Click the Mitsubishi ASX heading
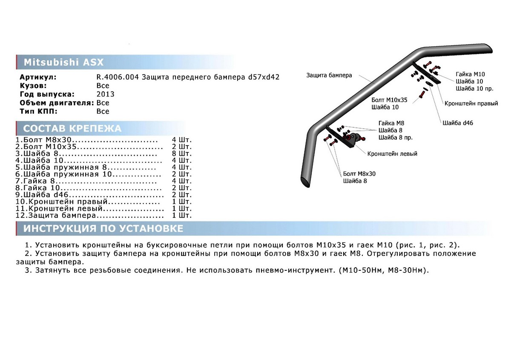pos(63,62)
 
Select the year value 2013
pos(105,94)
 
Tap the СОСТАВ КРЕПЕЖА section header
pos(72,129)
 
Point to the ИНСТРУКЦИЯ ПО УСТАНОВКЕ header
pos(103,229)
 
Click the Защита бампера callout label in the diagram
pos(329,75)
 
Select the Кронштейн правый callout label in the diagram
pos(465,103)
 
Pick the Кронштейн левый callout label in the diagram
pos(392,154)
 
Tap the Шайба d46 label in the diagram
pos(458,123)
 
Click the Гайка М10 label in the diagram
pos(470,74)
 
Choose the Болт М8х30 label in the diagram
pos(359,174)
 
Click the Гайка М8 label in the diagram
pos(388,123)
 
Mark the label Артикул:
pos(38,77)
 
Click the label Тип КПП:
pos(39,111)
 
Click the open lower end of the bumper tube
pos(306,180)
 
